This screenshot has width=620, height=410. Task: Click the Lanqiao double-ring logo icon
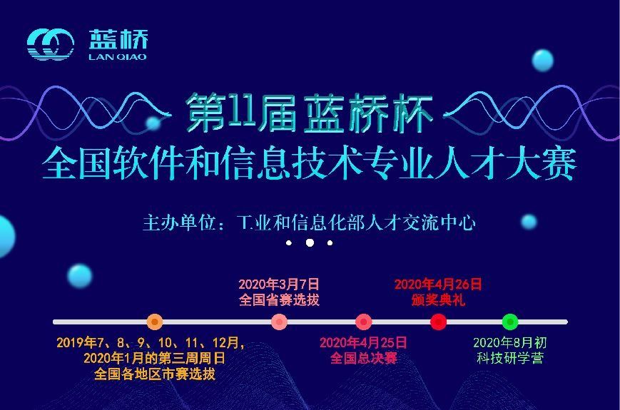(x=51, y=44)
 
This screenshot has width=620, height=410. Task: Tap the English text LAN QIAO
(x=118, y=57)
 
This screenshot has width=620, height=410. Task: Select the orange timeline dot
(x=155, y=322)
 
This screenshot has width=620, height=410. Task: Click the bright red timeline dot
(x=438, y=322)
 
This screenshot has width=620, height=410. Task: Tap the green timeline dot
(x=510, y=322)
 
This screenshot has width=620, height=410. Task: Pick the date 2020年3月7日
(x=279, y=285)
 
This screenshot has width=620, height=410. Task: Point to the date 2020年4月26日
(x=438, y=285)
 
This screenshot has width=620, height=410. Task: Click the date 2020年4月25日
(x=363, y=342)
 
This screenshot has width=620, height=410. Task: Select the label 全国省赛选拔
(x=279, y=299)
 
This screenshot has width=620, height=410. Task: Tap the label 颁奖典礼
(x=438, y=299)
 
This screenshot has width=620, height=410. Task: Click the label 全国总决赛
(x=364, y=358)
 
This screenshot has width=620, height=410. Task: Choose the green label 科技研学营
(x=510, y=358)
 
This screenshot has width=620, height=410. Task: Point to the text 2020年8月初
(x=510, y=342)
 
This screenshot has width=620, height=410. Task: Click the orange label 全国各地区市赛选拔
(x=155, y=374)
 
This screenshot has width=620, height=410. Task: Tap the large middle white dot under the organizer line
(x=310, y=242)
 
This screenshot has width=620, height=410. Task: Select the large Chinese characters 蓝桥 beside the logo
(x=118, y=39)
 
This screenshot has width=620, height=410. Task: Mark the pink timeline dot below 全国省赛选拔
(x=279, y=322)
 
